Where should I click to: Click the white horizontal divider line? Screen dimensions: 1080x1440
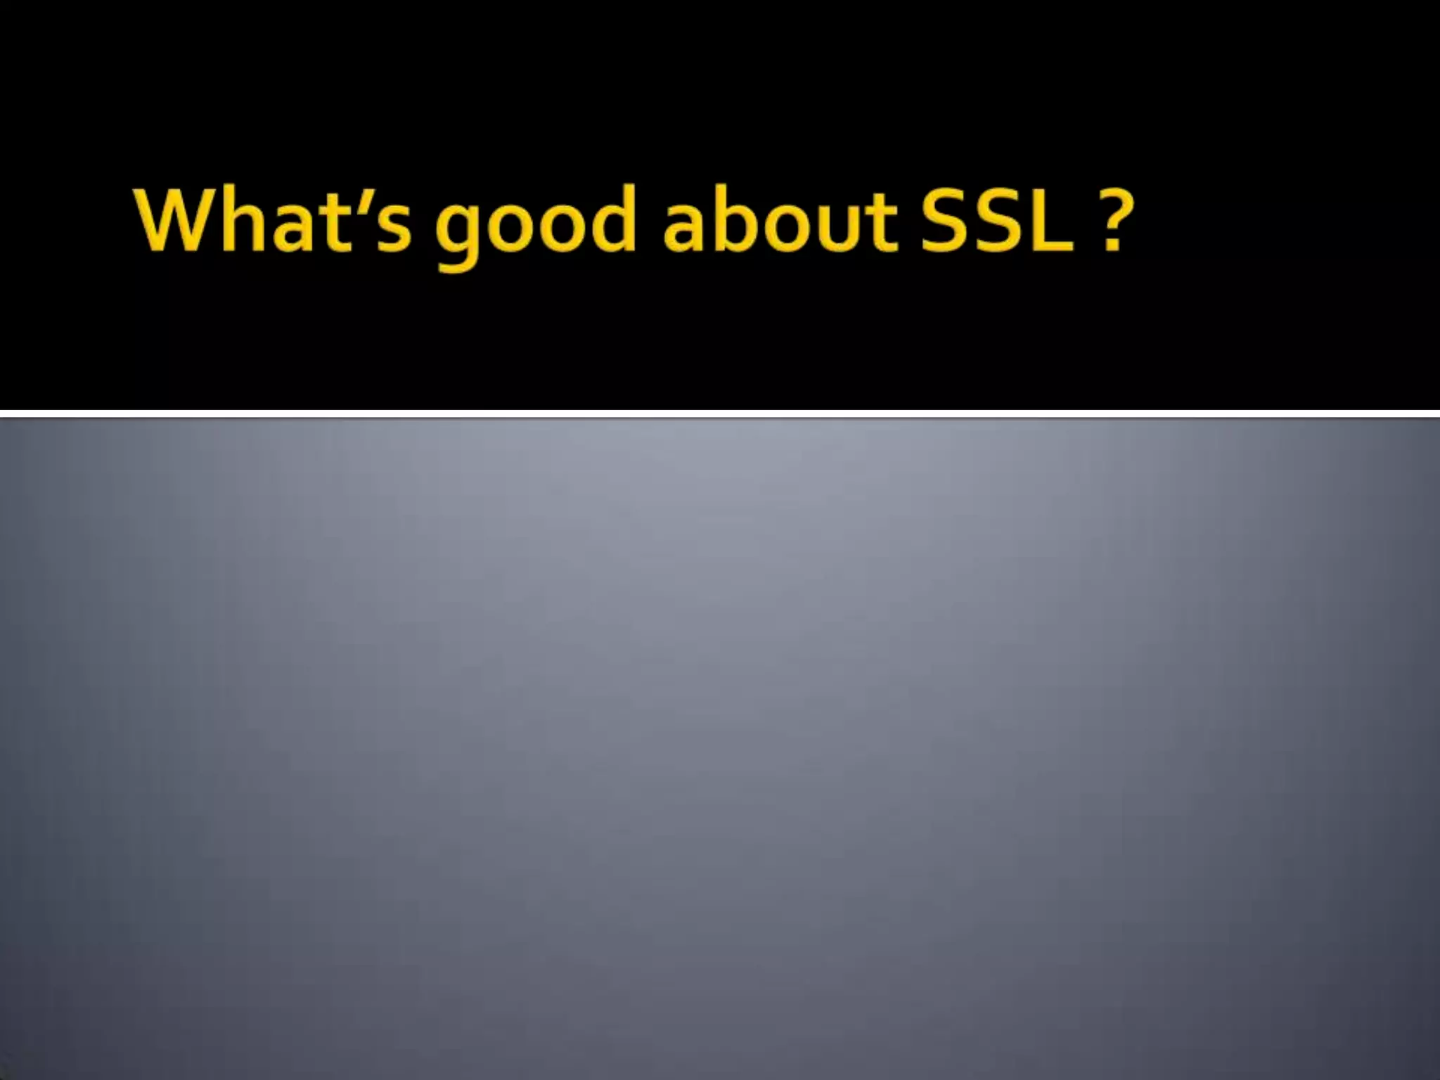[x=720, y=413]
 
